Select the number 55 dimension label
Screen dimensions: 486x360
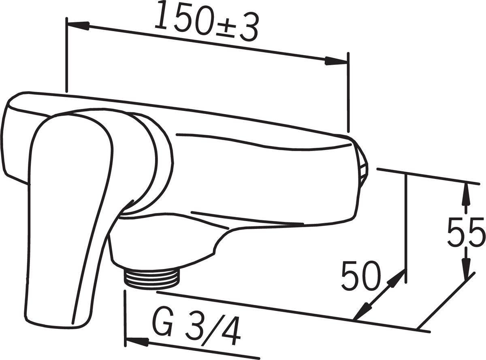pos(465,232)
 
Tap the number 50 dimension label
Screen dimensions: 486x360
pos(361,276)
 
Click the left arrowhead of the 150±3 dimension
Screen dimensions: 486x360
pos(79,26)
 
